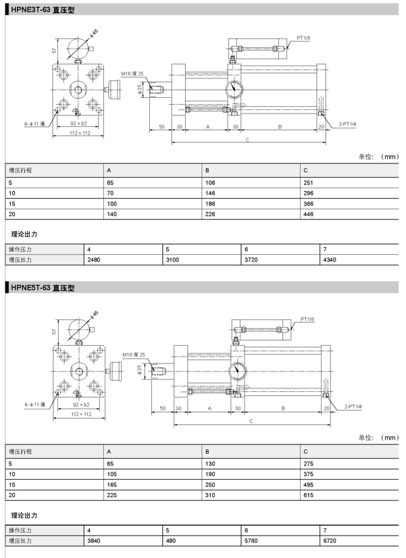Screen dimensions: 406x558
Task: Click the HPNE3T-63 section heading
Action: coord(43,10)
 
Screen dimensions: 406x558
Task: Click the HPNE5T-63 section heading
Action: coord(43,288)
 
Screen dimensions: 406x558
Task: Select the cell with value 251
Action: coord(308,182)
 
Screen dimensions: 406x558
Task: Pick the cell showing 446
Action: coord(308,214)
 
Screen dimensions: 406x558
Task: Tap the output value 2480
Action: coord(94,260)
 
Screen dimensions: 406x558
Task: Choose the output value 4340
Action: coord(330,260)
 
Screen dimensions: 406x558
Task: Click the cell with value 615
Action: coord(308,495)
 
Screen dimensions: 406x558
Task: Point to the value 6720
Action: coord(330,540)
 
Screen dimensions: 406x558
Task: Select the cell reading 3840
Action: coord(94,540)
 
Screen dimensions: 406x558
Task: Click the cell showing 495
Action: coord(308,484)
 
